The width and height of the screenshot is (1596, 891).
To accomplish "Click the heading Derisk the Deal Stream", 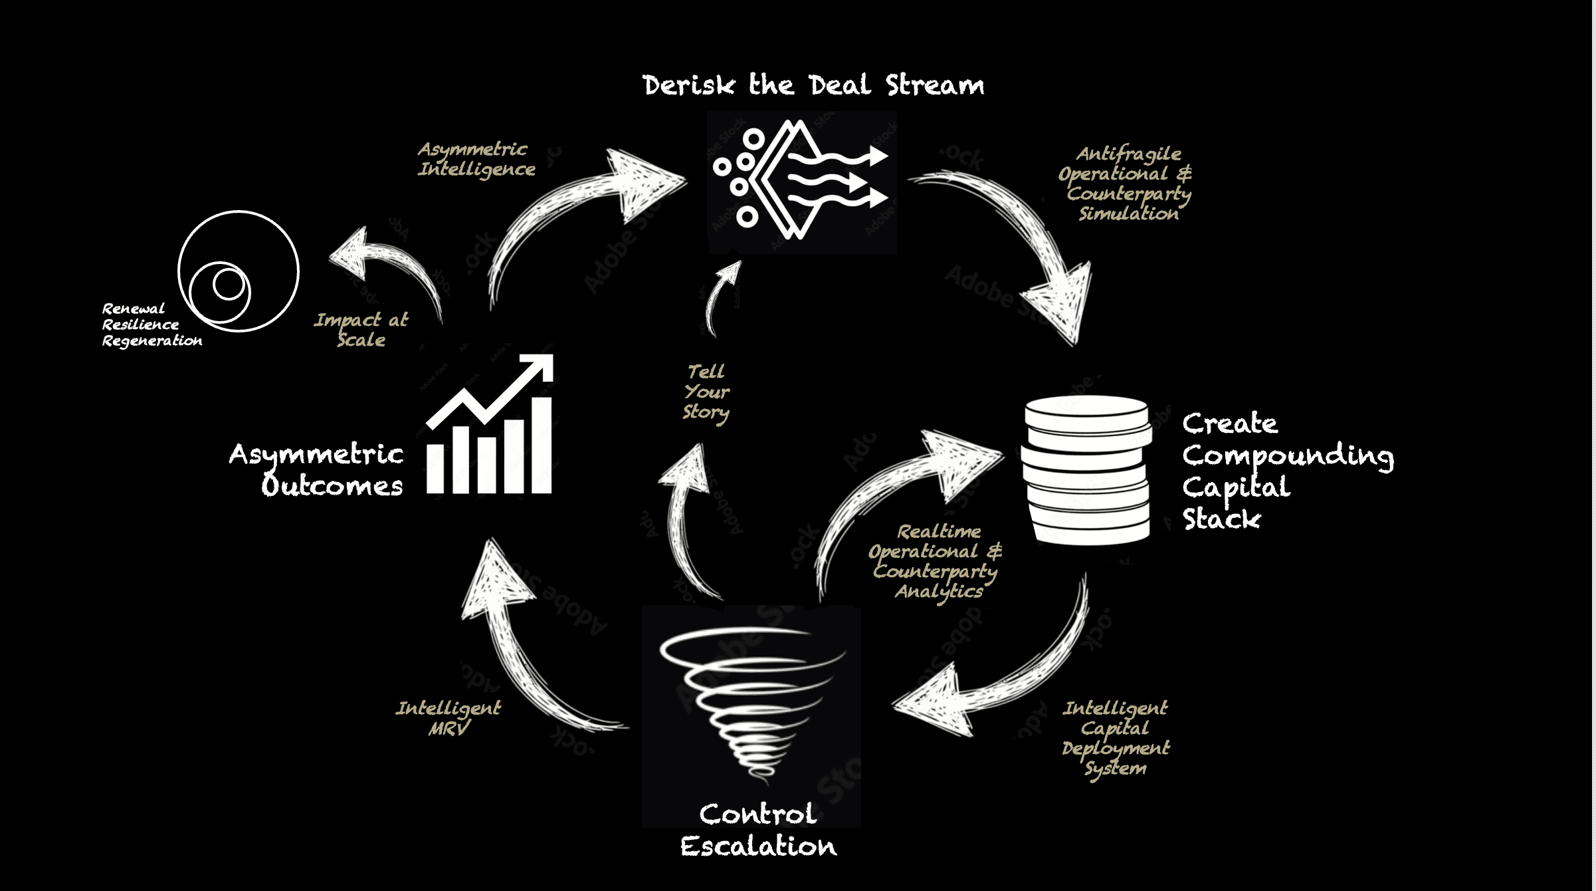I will tap(813, 86).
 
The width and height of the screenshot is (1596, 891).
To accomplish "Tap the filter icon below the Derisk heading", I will tap(801, 181).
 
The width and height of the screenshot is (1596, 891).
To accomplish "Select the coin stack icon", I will tap(1087, 469).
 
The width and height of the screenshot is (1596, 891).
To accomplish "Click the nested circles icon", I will tap(238, 271).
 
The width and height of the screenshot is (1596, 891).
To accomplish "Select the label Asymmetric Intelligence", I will tap(476, 159).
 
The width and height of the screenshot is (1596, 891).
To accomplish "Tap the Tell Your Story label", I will tap(706, 392).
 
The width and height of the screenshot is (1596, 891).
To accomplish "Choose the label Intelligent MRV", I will tap(449, 718).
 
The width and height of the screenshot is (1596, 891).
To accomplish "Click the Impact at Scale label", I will tap(361, 330).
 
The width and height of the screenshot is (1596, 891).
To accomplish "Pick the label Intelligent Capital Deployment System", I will tap(1116, 737).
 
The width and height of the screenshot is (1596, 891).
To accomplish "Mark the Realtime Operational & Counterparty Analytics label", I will tap(936, 561).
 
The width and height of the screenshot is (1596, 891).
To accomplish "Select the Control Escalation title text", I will tap(758, 830).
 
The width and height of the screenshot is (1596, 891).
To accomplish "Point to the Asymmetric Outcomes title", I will tap(316, 469).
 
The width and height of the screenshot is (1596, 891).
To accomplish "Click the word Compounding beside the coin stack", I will tap(1288, 456).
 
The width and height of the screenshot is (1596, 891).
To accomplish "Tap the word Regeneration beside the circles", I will tap(152, 341).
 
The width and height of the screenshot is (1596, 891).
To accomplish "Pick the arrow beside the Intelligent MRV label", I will tap(525, 638).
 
